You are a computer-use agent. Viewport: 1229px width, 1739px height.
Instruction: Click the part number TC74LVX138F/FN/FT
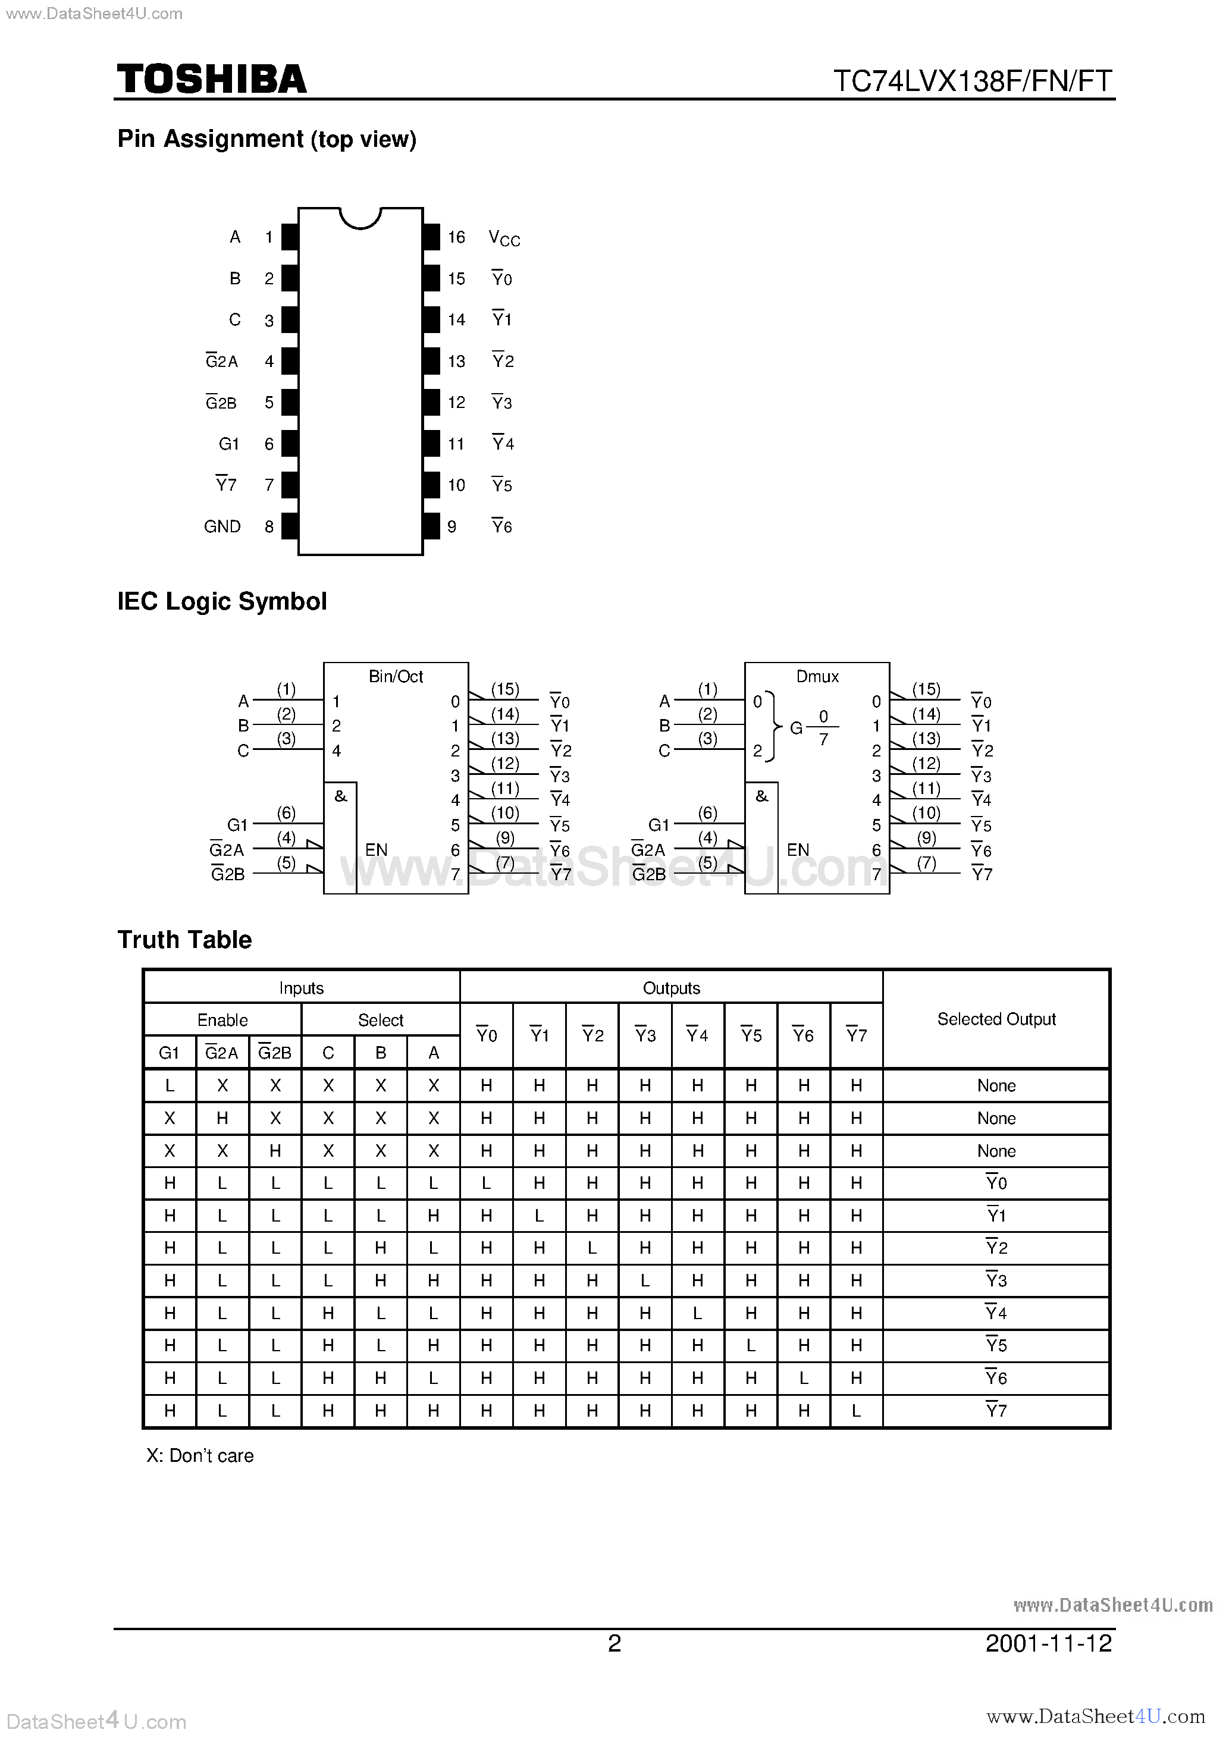pyautogui.click(x=972, y=81)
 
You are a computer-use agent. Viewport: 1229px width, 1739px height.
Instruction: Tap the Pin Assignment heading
pyautogui.click(x=267, y=139)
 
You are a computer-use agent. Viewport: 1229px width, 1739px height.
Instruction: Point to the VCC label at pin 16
pyautogui.click(x=504, y=238)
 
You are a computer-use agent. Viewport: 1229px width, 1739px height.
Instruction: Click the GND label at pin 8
pyautogui.click(x=222, y=526)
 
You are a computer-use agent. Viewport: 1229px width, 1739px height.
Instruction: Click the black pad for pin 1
pyautogui.click(x=290, y=237)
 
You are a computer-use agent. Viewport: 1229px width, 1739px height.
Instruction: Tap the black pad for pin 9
pyautogui.click(x=432, y=526)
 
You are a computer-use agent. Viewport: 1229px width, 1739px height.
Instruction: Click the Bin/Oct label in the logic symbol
pyautogui.click(x=396, y=676)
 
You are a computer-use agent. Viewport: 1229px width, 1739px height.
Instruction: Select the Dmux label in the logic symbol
pyautogui.click(x=817, y=676)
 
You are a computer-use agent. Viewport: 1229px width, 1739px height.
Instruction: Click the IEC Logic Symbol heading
pyautogui.click(x=222, y=601)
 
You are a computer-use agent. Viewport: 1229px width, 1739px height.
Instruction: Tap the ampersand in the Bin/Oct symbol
pyautogui.click(x=340, y=796)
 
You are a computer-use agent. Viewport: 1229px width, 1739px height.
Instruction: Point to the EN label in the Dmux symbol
pyautogui.click(x=798, y=850)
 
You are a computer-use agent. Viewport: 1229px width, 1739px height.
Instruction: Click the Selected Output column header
pyautogui.click(x=996, y=1019)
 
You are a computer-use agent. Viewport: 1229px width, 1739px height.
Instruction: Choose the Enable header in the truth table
pyautogui.click(x=222, y=1020)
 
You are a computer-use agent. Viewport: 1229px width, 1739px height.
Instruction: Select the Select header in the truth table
pyautogui.click(x=380, y=1020)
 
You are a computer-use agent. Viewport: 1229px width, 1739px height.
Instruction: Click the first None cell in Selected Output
pyautogui.click(x=996, y=1086)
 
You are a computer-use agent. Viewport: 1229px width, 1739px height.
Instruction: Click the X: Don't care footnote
pyautogui.click(x=200, y=1456)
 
